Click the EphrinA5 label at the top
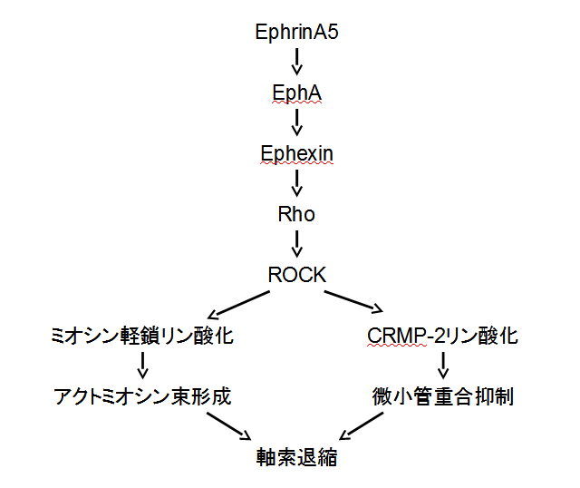tap(297, 34)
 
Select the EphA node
tap(297, 93)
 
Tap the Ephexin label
tap(297, 153)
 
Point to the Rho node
tap(297, 214)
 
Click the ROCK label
tap(297, 275)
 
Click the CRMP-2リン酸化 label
tap(443, 337)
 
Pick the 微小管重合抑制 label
tap(443, 396)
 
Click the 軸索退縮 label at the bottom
tap(297, 457)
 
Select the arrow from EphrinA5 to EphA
tap(297, 63)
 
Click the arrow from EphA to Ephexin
tap(297, 123)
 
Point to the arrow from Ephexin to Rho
tap(297, 184)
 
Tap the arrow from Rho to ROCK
tap(297, 245)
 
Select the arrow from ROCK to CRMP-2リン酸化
tap(355, 304)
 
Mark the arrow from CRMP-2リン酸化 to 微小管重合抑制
tap(443, 366)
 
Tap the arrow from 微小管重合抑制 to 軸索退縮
tap(367, 427)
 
